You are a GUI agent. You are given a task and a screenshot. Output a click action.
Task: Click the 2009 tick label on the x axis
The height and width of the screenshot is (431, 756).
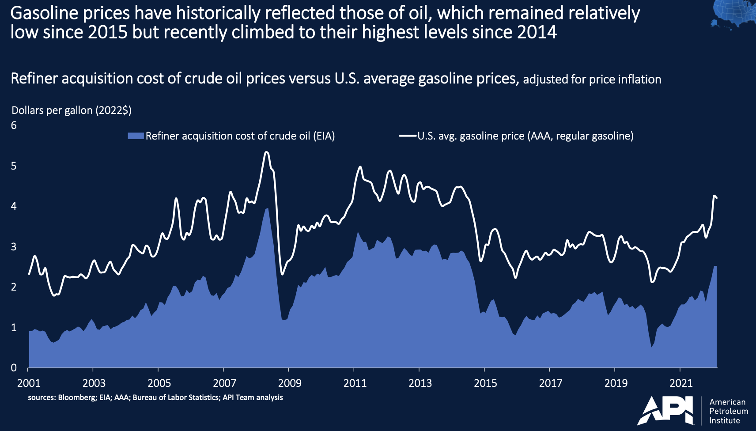coord(290,383)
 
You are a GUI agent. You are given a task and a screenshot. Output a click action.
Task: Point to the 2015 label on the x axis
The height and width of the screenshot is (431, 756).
coord(485,383)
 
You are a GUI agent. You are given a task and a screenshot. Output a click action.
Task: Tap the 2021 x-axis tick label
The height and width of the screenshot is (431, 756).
coord(681,383)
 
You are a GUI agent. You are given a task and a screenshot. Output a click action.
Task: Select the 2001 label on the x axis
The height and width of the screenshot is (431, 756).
coord(29,383)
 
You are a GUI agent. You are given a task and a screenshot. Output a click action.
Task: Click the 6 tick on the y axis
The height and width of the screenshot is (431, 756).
coord(14,125)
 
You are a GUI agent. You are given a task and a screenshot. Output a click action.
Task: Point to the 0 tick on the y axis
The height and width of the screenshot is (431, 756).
coord(14,367)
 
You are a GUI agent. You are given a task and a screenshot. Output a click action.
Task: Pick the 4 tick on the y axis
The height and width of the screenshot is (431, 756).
coord(14,206)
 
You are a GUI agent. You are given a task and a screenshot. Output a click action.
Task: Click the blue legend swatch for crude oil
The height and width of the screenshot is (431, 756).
coord(136,136)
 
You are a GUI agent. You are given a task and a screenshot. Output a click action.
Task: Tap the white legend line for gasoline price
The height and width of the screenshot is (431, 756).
coord(408,136)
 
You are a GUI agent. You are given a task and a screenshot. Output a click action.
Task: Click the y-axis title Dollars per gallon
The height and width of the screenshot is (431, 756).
coord(72,110)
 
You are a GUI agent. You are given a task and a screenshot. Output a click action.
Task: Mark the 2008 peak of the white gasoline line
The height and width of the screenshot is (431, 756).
coord(266,152)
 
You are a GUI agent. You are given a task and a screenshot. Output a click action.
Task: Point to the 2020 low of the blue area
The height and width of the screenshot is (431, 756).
coord(651,347)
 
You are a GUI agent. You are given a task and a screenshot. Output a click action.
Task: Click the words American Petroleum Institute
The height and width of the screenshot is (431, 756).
coord(728,411)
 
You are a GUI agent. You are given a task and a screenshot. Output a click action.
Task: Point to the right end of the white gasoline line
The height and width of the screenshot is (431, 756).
coord(717,198)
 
